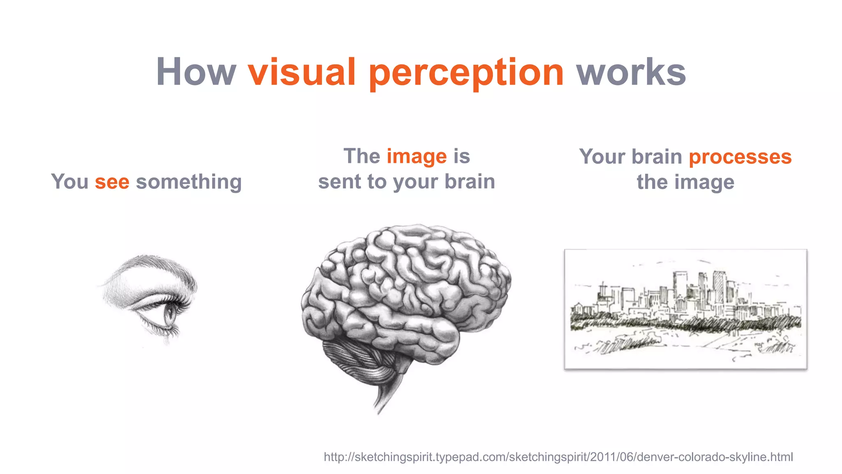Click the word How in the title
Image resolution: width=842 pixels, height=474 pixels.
pos(196,72)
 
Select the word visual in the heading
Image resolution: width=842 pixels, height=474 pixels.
pos(301,72)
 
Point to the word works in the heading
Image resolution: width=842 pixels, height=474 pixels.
pos(631,72)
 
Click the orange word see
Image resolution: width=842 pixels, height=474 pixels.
pos(112,182)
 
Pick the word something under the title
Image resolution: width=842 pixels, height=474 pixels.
pos(189,182)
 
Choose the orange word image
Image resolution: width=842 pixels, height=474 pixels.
pos(416,157)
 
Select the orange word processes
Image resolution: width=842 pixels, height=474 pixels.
pos(740,157)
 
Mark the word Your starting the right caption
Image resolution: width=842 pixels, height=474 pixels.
pos(602,157)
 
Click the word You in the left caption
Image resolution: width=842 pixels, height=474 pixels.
pos(69,182)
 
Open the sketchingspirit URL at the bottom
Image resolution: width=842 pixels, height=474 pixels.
pos(558,457)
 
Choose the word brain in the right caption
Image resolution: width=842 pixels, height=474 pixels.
pos(657,157)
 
